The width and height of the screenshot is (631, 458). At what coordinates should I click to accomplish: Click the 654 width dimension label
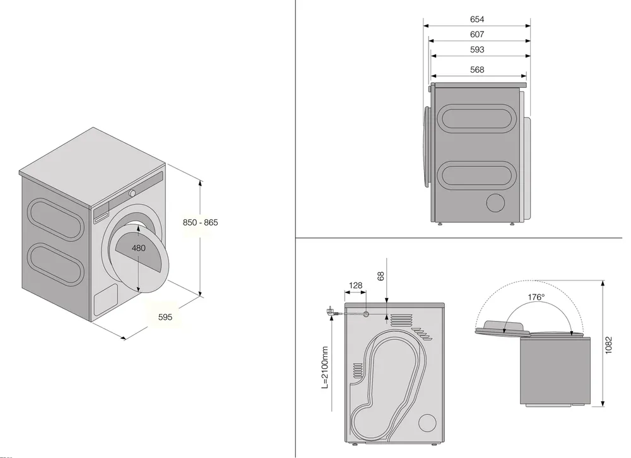pyautogui.click(x=477, y=20)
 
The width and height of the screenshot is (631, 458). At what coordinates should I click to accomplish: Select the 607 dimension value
pyautogui.click(x=477, y=35)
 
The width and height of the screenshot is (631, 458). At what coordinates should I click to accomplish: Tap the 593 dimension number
pyautogui.click(x=477, y=50)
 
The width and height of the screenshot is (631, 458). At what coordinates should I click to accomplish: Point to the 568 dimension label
pyautogui.click(x=477, y=69)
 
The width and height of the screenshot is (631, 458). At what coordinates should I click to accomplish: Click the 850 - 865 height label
pyautogui.click(x=200, y=222)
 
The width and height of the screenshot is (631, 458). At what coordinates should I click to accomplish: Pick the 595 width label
pyautogui.click(x=165, y=317)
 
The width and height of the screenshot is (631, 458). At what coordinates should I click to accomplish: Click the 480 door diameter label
pyautogui.click(x=138, y=248)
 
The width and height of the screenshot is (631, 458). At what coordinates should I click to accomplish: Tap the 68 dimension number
pyautogui.click(x=380, y=276)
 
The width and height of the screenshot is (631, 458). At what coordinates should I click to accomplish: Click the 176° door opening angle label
pyautogui.click(x=537, y=296)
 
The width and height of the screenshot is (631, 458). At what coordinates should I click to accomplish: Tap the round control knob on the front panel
pyautogui.click(x=133, y=193)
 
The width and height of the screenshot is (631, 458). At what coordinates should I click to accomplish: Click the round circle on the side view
pyautogui.click(x=497, y=203)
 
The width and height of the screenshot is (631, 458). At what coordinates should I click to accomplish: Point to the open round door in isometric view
pyautogui.click(x=143, y=255)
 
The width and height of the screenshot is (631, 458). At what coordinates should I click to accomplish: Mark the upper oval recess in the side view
pyautogui.click(x=476, y=119)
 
